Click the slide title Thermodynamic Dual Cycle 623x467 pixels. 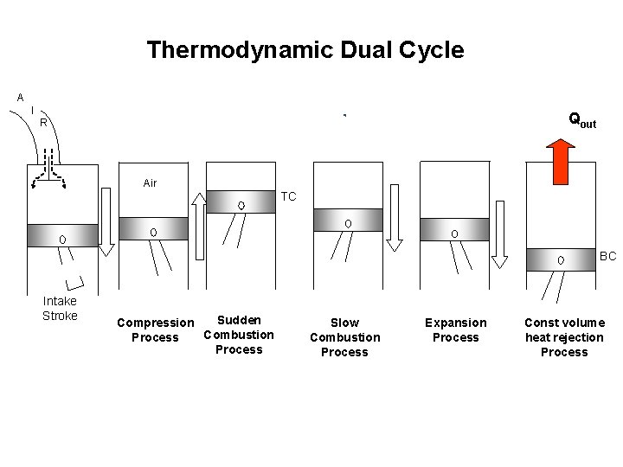[x=305, y=50]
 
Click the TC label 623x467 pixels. [x=288, y=197]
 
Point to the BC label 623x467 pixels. [x=608, y=257]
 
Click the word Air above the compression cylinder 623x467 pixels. [x=150, y=183]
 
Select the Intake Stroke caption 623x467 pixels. [x=60, y=308]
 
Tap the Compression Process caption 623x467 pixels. [x=155, y=330]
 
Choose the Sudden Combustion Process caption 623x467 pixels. [x=239, y=335]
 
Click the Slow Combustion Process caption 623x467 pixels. [x=344, y=337]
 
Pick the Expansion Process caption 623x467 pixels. [x=456, y=330]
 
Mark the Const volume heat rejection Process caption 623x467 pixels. [x=564, y=337]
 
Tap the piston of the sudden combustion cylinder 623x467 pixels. [x=241, y=202]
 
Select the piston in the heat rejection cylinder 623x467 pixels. [x=561, y=258]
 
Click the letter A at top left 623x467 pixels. [x=20, y=98]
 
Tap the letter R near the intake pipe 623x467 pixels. [x=42, y=123]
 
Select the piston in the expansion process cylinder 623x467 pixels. [x=454, y=231]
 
